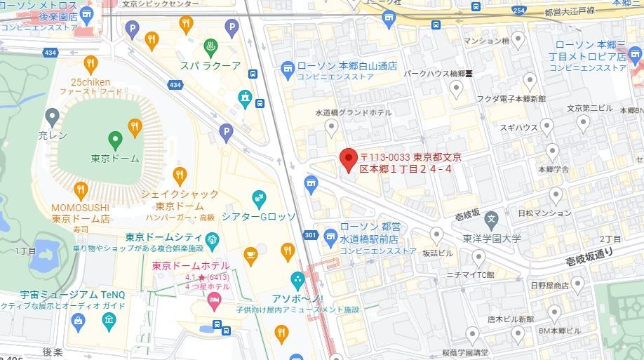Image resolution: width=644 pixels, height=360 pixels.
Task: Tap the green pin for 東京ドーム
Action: [116, 138]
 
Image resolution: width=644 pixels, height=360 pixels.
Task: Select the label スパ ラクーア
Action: [211, 66]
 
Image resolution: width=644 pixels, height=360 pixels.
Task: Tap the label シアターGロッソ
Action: [259, 216]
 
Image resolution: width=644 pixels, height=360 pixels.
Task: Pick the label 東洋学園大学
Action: [491, 239]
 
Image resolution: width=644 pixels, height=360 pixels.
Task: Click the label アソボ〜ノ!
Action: [298, 298]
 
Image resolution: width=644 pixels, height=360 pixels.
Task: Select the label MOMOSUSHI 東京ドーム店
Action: [81, 213]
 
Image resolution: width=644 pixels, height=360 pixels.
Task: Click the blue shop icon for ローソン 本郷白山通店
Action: [287, 67]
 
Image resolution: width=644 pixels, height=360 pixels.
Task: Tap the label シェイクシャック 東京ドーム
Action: [180, 200]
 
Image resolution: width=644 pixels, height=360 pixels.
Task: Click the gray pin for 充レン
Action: [51, 116]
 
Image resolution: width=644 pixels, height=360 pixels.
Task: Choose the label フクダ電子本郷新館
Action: [511, 99]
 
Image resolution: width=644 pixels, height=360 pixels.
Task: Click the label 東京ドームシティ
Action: [165, 237]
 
